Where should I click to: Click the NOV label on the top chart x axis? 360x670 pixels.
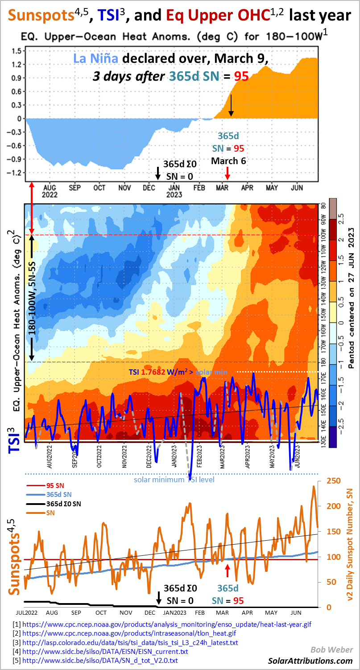[124, 188]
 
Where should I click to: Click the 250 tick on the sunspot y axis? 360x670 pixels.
[327, 480]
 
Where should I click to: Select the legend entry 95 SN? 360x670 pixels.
[56, 485]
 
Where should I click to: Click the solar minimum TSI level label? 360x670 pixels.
[174, 480]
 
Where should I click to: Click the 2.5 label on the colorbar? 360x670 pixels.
[341, 219]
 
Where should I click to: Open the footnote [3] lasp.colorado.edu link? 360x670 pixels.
[130, 642]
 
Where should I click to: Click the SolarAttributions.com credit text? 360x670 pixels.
[310, 661]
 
